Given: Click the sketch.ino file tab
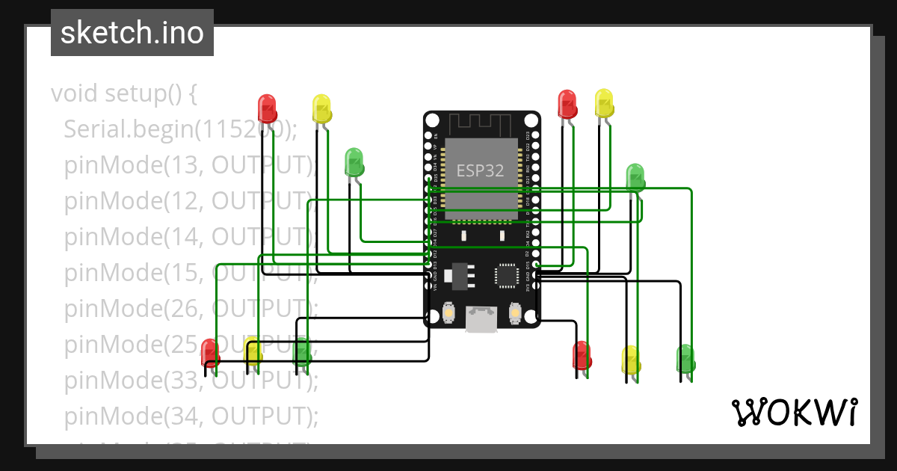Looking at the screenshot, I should coord(132,33).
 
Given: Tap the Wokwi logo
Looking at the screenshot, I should coord(793,412).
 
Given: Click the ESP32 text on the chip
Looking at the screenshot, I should coord(480,170).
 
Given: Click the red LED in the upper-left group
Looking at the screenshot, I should coord(267,109).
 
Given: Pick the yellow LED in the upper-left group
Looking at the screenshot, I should coord(321,109).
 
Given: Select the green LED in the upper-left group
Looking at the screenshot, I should coord(354,162).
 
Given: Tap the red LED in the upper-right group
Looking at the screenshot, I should coord(567,104).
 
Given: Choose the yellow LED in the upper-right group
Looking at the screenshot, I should coord(604,103).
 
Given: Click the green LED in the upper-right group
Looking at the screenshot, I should coord(635,177).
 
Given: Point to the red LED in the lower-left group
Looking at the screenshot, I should coord(210,353).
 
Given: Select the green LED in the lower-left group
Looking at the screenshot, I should coord(302,351).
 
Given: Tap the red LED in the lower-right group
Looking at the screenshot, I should coord(582,355).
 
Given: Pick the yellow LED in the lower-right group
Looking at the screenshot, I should coord(631,360).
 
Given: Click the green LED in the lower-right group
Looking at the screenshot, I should coord(685,358).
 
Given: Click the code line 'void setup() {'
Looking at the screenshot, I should coord(124,94).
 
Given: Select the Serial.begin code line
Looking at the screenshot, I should coord(180,129).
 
